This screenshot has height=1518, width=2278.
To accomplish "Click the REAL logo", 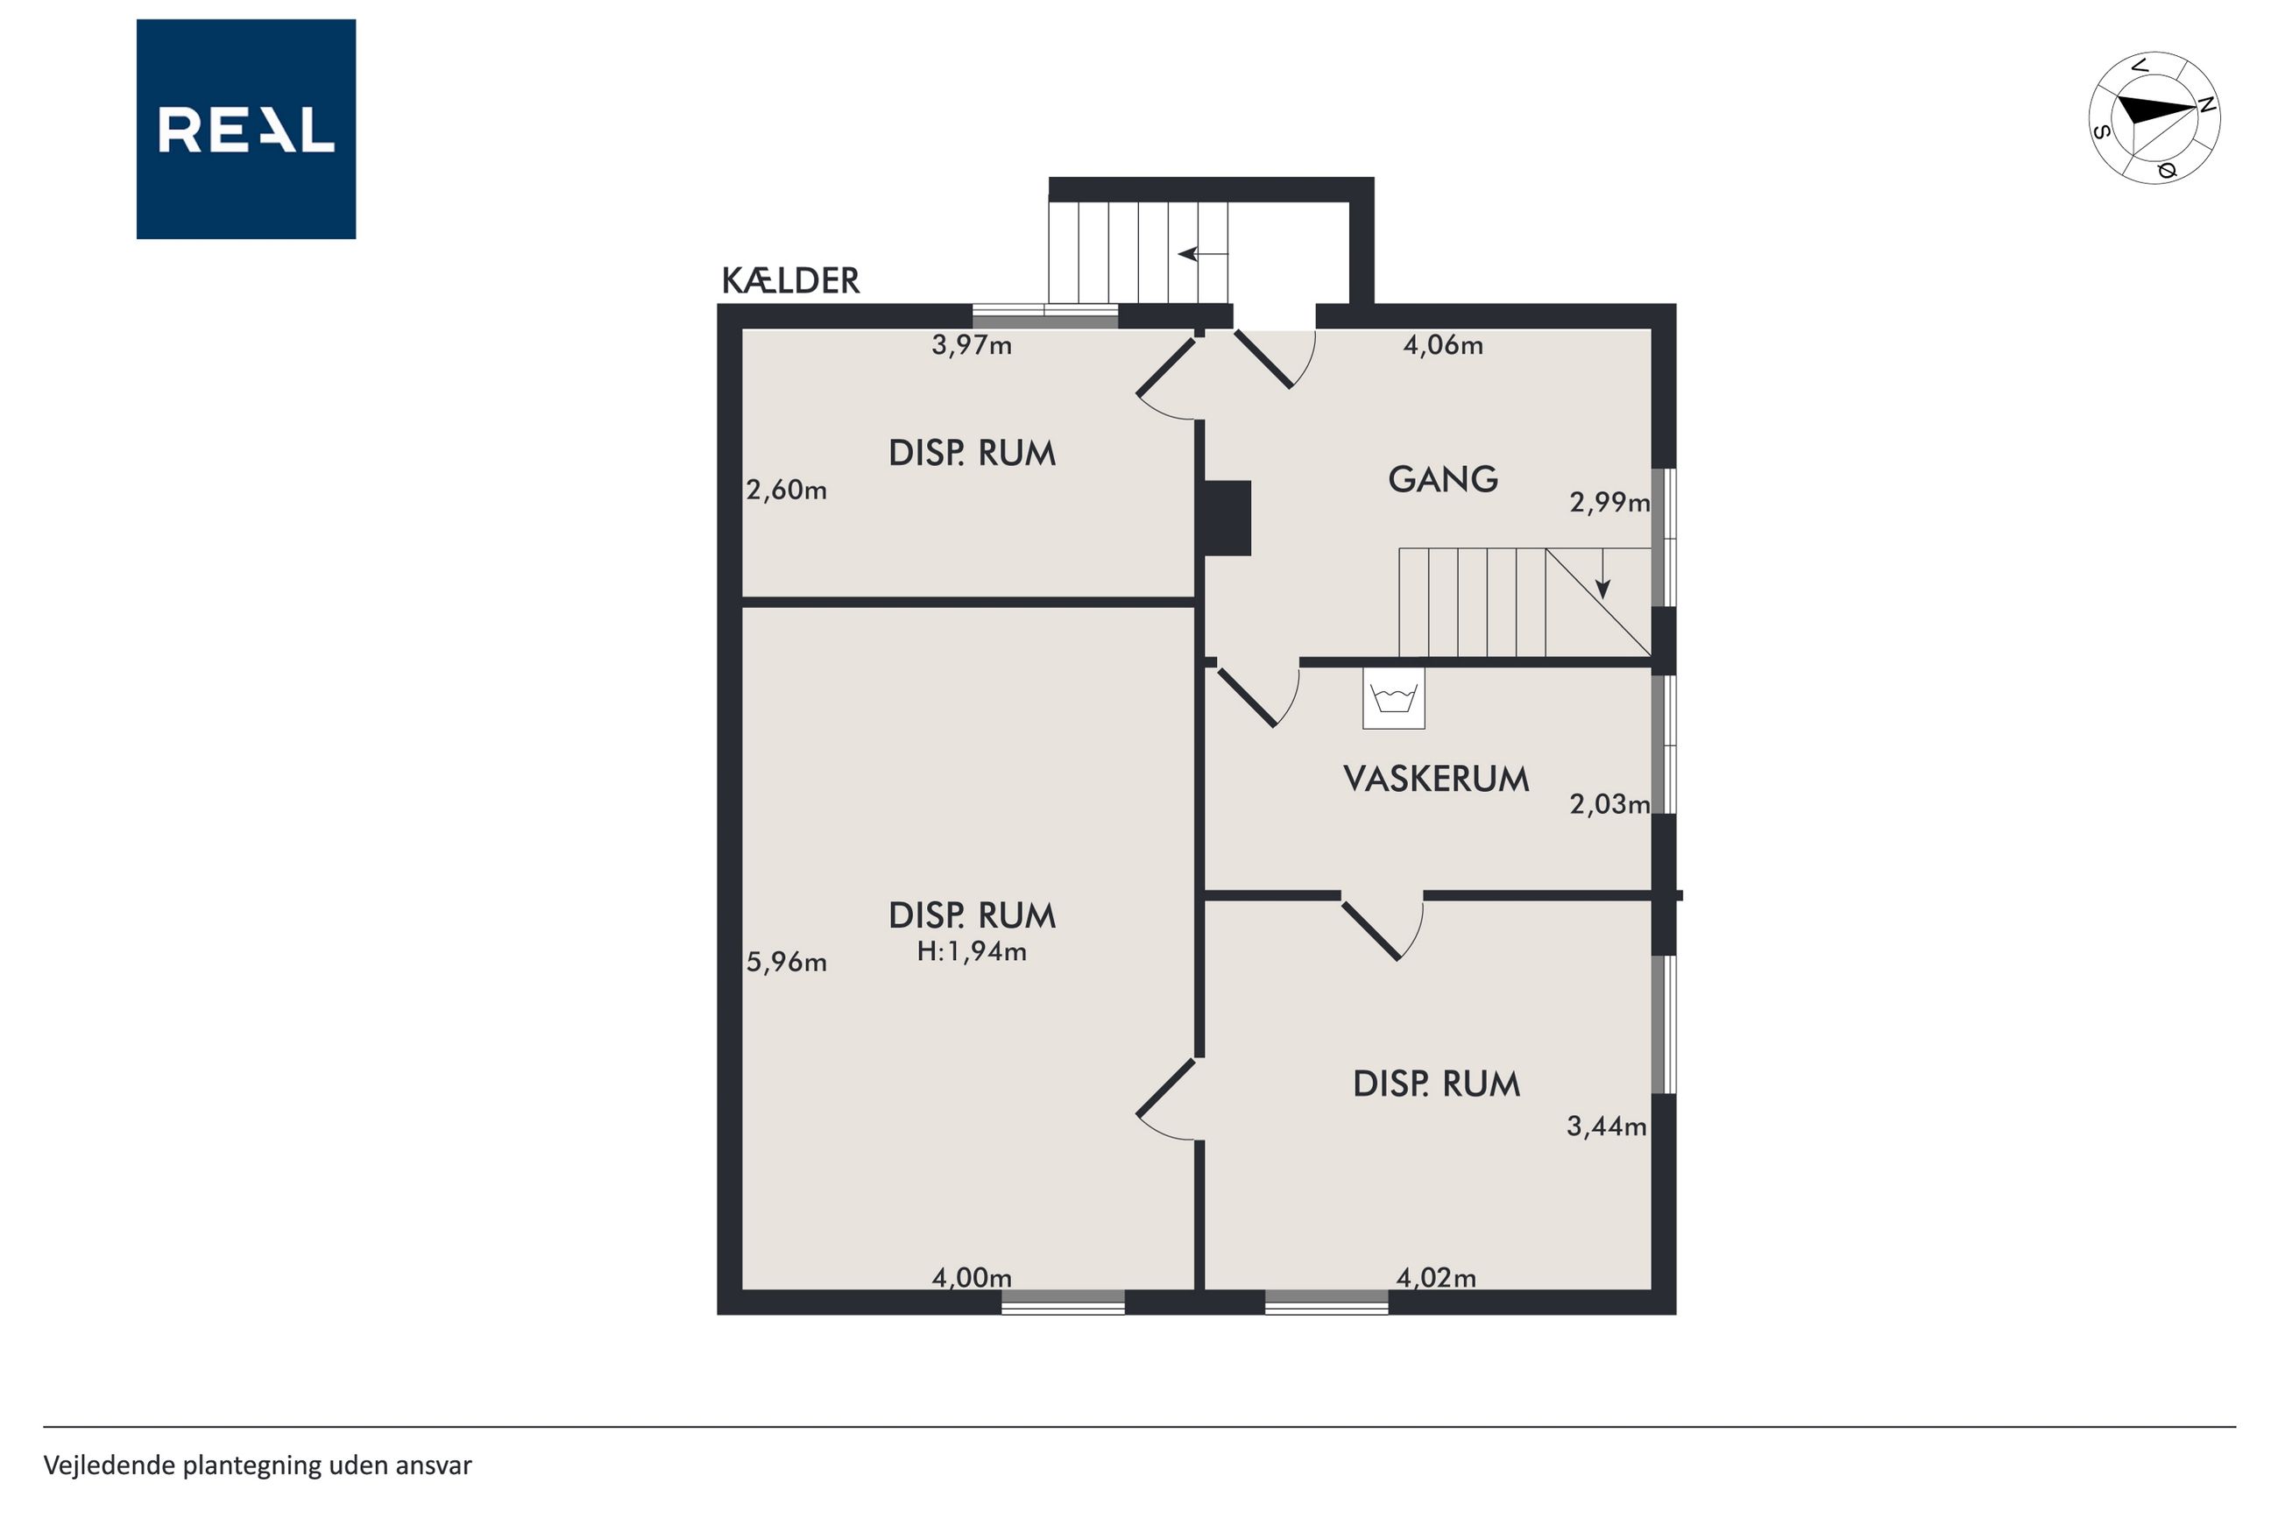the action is click(246, 129).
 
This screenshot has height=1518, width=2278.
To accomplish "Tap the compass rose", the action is click(2154, 118).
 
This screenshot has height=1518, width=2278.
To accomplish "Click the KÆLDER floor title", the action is click(790, 281).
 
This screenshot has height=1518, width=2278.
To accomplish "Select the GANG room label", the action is click(1442, 479).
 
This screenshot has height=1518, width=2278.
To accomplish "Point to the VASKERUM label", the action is click(1436, 780).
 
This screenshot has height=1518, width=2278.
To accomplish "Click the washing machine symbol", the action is click(1393, 698).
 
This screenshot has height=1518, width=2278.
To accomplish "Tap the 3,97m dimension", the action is click(971, 346).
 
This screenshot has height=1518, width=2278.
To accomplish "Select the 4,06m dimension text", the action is click(1442, 346).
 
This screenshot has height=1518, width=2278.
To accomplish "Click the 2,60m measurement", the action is click(786, 491).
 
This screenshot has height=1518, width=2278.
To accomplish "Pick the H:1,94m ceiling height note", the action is click(971, 951).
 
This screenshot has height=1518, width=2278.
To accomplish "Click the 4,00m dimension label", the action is click(971, 1278).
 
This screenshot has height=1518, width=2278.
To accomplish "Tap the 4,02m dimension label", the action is click(1436, 1278).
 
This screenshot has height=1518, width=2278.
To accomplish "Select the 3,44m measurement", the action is click(1606, 1126).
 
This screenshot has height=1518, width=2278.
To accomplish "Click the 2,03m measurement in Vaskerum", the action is click(1609, 804).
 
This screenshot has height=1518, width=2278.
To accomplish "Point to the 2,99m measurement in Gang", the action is click(1609, 503).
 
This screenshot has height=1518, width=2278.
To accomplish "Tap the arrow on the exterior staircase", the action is click(1202, 254).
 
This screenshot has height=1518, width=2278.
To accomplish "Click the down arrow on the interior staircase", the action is click(1603, 574).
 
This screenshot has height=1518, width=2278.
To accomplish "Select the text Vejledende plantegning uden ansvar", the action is click(258, 1465).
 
